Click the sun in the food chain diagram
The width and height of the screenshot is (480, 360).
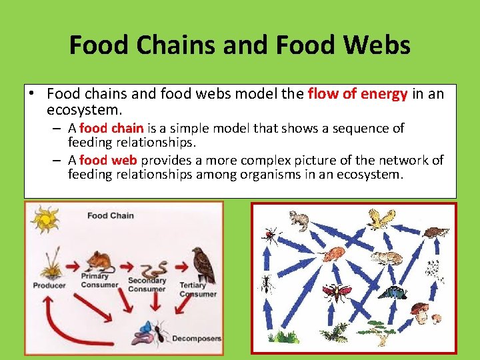46,219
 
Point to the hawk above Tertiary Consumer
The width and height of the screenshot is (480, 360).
202,265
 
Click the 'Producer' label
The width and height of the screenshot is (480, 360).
49,286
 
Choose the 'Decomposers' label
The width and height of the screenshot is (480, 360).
197,339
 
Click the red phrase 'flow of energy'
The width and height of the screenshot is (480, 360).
357,94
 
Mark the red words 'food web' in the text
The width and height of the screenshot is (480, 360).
107,160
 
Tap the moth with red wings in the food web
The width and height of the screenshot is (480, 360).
336,292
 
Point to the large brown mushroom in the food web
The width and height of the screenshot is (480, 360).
421,311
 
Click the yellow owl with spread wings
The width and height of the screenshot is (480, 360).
381,219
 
